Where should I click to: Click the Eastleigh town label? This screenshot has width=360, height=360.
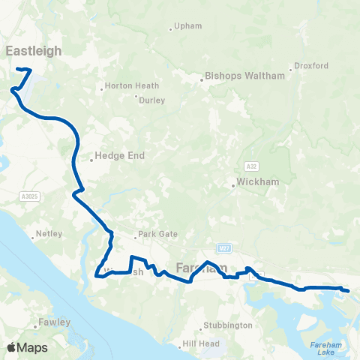point(34,51)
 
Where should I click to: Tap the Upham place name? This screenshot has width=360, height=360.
point(188,27)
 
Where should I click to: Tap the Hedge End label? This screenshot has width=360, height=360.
point(118,157)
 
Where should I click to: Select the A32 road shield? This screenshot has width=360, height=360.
point(251,165)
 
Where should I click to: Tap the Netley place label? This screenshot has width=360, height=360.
point(49,234)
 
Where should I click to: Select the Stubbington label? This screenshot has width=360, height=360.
point(228,325)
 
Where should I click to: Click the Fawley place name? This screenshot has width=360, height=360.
point(56,322)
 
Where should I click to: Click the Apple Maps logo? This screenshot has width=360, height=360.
point(26,347)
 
